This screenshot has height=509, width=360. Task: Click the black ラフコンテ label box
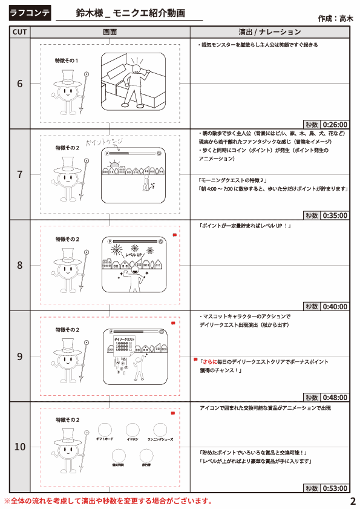30,12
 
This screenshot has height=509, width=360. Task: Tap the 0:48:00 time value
335,398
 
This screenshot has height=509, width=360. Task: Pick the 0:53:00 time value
335,488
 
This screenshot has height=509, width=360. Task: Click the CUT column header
19,32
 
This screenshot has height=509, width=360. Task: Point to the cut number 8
19,265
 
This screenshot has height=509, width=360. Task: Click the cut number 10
19,447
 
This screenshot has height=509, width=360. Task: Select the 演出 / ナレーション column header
270,32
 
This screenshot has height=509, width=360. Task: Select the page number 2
352,501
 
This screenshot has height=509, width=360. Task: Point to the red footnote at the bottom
109,501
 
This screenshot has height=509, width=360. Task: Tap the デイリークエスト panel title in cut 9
123,340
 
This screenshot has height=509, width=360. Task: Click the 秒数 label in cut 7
312,215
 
